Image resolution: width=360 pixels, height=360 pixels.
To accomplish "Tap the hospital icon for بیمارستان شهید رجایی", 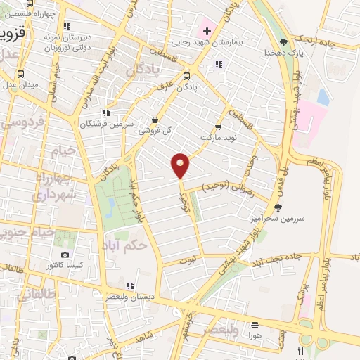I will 207,30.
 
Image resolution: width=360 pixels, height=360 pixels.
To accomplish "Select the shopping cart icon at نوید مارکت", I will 217,127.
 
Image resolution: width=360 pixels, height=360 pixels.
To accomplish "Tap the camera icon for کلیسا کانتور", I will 65,255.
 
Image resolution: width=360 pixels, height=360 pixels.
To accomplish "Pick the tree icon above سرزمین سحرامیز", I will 278,207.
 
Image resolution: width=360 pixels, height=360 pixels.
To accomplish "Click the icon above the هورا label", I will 254,326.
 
